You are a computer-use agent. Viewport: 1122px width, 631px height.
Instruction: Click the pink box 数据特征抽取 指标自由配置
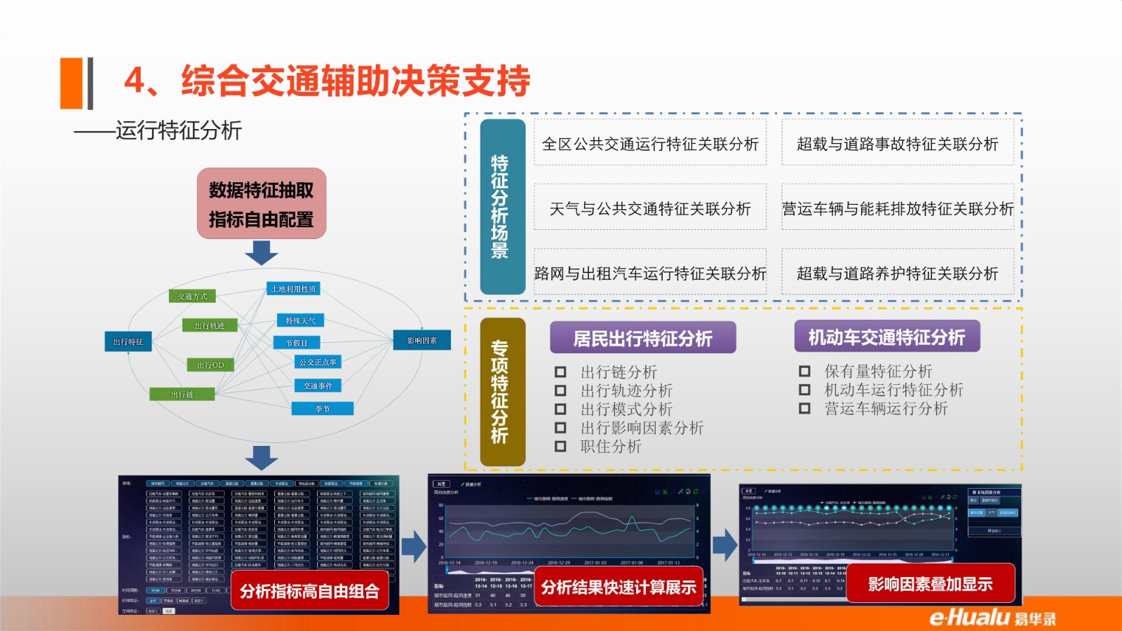click(x=262, y=204)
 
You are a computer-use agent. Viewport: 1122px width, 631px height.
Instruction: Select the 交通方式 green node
click(x=192, y=297)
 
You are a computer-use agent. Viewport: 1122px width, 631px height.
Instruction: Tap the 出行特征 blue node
click(x=128, y=341)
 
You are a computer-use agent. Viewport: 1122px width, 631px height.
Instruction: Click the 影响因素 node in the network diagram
click(x=421, y=340)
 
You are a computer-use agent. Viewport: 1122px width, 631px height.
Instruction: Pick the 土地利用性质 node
click(x=293, y=288)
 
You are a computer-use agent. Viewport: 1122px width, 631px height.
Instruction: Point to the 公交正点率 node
click(x=318, y=362)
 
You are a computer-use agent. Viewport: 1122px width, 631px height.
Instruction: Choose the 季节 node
click(x=323, y=409)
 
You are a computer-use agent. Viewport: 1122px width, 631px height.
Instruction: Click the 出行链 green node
click(x=182, y=395)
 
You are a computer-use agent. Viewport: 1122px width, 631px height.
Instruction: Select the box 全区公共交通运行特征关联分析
click(x=650, y=144)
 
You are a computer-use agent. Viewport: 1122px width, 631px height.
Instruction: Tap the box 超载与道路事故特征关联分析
click(x=898, y=144)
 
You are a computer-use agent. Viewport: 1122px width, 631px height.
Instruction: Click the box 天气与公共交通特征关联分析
click(x=650, y=208)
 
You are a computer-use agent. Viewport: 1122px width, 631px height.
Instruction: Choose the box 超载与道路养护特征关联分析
click(x=898, y=273)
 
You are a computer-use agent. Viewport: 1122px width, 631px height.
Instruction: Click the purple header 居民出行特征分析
click(x=642, y=338)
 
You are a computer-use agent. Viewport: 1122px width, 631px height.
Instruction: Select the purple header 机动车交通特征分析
click(x=886, y=337)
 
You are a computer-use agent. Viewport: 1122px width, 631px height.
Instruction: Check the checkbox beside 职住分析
click(x=560, y=447)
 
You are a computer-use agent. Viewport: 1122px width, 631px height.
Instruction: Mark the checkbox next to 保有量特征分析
click(x=804, y=371)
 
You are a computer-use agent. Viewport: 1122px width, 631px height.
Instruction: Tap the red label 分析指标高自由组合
click(x=309, y=591)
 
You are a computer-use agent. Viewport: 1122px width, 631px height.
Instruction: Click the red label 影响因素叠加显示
click(x=931, y=584)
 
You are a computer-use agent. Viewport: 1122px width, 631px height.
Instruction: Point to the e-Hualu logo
click(x=992, y=617)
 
